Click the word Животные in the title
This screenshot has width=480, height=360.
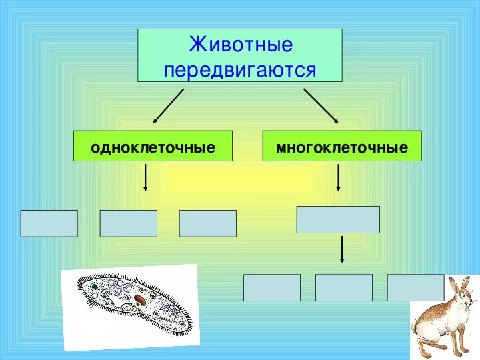(x=240, y=45)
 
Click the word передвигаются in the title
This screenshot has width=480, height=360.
(x=240, y=69)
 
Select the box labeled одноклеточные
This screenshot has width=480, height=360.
(x=153, y=146)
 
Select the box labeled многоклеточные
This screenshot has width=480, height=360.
(x=342, y=146)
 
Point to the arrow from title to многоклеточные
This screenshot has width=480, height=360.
(x=321, y=105)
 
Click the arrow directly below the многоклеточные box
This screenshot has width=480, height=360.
(x=339, y=177)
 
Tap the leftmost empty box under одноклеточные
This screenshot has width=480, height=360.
(x=49, y=223)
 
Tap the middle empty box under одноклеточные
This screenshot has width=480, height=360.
(x=128, y=223)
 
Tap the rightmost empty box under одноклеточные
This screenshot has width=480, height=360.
(x=207, y=223)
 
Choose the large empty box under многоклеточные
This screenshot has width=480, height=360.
(x=338, y=219)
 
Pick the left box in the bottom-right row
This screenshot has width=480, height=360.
(x=271, y=287)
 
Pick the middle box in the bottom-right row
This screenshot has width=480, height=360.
(x=343, y=287)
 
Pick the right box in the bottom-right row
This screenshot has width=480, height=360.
(x=415, y=287)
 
